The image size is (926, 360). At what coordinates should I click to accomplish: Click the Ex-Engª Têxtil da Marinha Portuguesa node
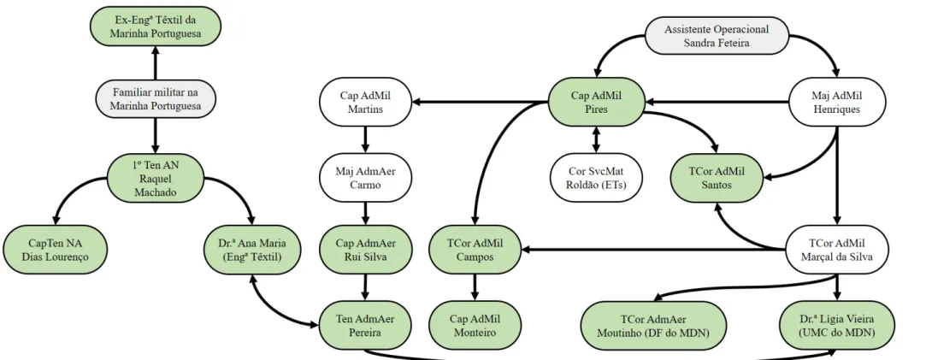[156, 27]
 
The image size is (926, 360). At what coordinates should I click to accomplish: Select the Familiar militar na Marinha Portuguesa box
[156, 99]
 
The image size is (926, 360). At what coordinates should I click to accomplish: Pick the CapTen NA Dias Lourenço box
[56, 250]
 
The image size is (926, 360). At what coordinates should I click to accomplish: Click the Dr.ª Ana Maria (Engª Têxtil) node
[253, 250]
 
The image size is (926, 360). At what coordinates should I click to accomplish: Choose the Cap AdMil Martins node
[365, 102]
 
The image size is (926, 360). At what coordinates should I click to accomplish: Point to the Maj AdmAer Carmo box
[365, 176]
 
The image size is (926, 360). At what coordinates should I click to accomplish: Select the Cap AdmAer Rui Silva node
[365, 250]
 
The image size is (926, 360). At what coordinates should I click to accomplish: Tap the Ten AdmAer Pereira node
[365, 325]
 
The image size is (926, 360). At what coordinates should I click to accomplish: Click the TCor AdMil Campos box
[475, 250]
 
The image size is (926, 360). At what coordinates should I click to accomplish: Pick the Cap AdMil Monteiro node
[475, 325]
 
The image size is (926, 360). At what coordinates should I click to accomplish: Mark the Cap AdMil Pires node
[597, 102]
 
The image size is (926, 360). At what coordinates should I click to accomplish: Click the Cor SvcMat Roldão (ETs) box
[597, 176]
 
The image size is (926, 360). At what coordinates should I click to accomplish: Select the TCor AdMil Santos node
[717, 176]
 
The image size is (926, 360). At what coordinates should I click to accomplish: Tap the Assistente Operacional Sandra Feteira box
[717, 35]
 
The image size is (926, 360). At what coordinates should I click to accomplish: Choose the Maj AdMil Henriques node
[837, 102]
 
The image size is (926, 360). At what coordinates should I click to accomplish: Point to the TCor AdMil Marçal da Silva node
[837, 250]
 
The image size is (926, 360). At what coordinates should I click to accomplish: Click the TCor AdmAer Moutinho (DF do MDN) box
[652, 325]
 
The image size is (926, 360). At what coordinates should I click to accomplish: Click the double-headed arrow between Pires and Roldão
[597, 140]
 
